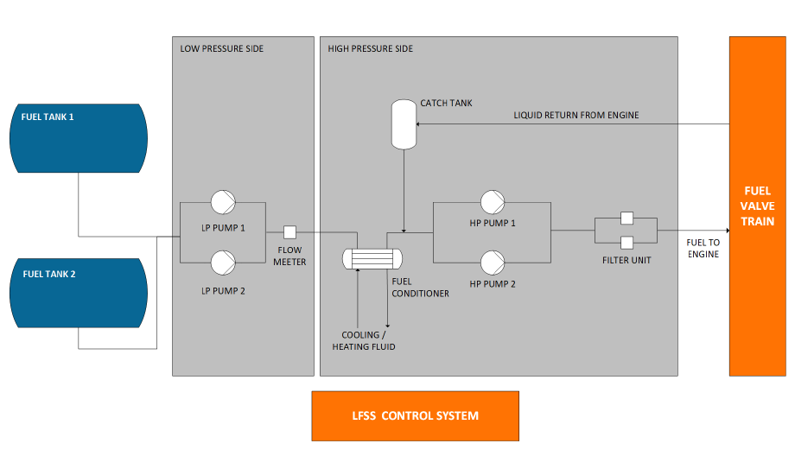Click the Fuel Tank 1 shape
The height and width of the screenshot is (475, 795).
click(78, 138)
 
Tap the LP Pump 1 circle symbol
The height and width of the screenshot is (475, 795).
click(223, 203)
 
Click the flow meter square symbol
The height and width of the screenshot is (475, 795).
click(291, 232)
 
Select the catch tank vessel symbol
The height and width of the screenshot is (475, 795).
click(404, 123)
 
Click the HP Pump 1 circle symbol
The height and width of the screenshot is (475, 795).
click(493, 203)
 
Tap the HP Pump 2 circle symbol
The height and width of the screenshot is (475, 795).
click(493, 261)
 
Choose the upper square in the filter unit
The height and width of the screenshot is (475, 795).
click(627, 218)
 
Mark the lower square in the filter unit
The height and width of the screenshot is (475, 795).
click(627, 243)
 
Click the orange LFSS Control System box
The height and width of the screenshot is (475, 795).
click(415, 415)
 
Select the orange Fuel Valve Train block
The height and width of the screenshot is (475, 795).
click(758, 207)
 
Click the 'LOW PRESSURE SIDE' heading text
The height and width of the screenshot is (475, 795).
click(222, 49)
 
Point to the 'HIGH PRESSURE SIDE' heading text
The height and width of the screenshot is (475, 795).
click(371, 49)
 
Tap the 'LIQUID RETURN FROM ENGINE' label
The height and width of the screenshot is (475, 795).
click(576, 115)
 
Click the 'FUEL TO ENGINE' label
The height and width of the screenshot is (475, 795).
click(703, 249)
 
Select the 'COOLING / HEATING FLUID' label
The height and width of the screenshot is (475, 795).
click(364, 341)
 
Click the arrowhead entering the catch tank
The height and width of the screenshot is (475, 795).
click(421, 123)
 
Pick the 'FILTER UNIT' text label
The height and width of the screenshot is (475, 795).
click(627, 259)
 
